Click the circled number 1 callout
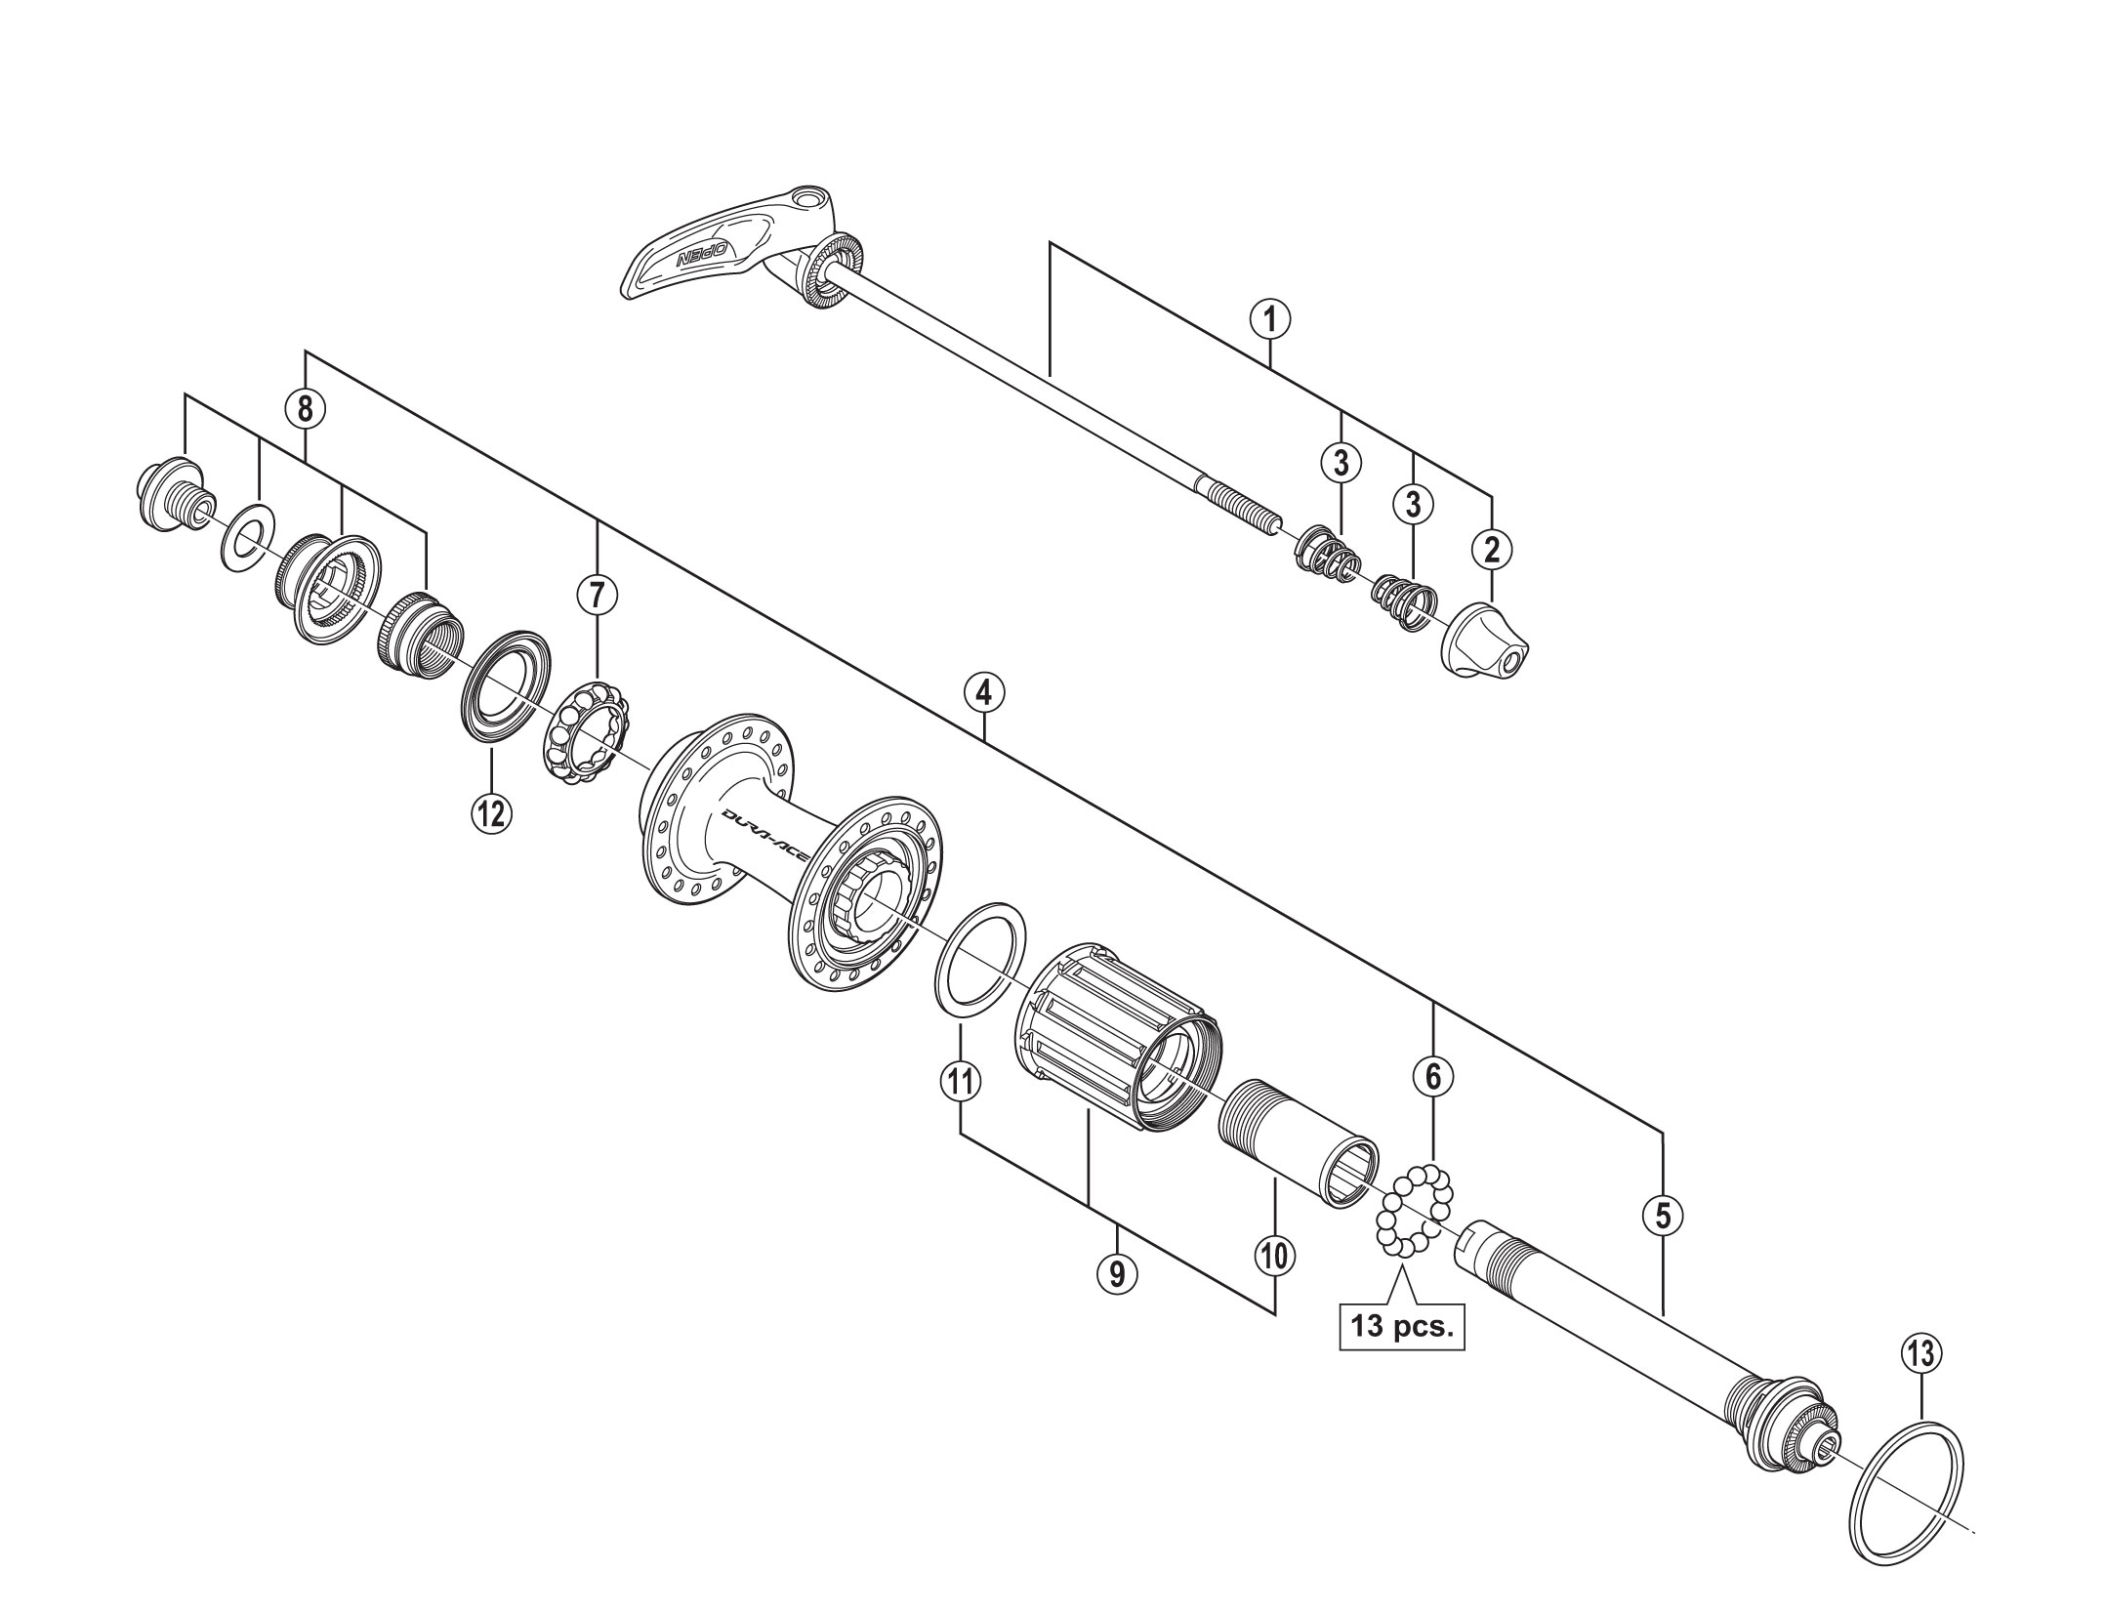[1270, 319]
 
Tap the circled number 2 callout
[1491, 550]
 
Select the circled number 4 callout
[983, 692]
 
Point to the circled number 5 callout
[1663, 1215]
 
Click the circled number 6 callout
[1432, 1077]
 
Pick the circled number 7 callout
[598, 593]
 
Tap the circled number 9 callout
[1117, 1272]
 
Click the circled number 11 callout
[961, 1081]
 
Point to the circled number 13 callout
[1920, 1354]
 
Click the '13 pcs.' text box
[1402, 1327]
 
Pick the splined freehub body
[1118, 1039]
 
